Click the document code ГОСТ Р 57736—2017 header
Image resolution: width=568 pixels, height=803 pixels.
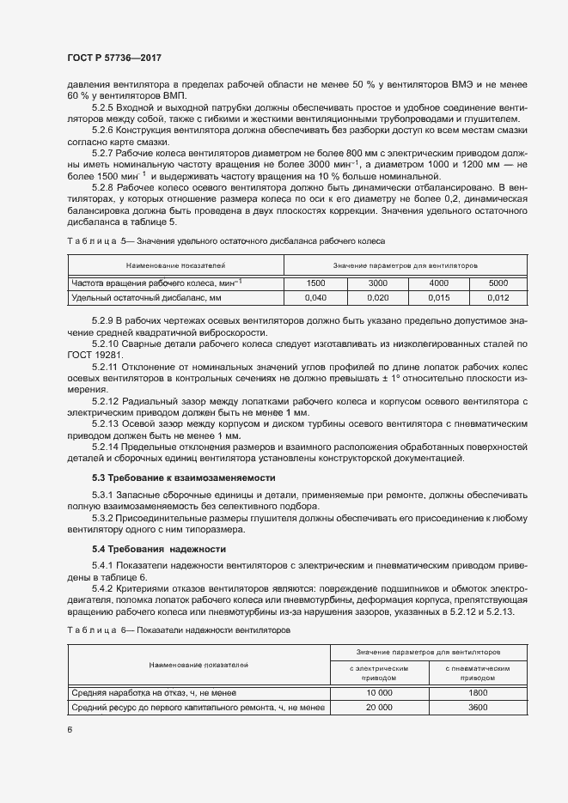coord(113,58)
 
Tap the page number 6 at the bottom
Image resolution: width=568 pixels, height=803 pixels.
coord(69,729)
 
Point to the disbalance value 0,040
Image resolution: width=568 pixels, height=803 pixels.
coord(315,297)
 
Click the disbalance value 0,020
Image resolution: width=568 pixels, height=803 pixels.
coord(378,297)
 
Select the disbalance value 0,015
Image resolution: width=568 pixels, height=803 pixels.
coord(438,297)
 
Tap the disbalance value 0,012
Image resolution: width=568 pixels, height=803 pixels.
coord(498,297)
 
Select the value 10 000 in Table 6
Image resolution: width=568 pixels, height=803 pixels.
coord(379,691)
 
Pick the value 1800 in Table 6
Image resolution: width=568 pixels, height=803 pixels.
coord(479,691)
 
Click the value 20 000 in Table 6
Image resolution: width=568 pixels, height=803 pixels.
coord(379,707)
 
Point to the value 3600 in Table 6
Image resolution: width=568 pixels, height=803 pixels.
coord(479,707)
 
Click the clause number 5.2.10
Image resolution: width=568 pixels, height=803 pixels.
coord(107,344)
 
